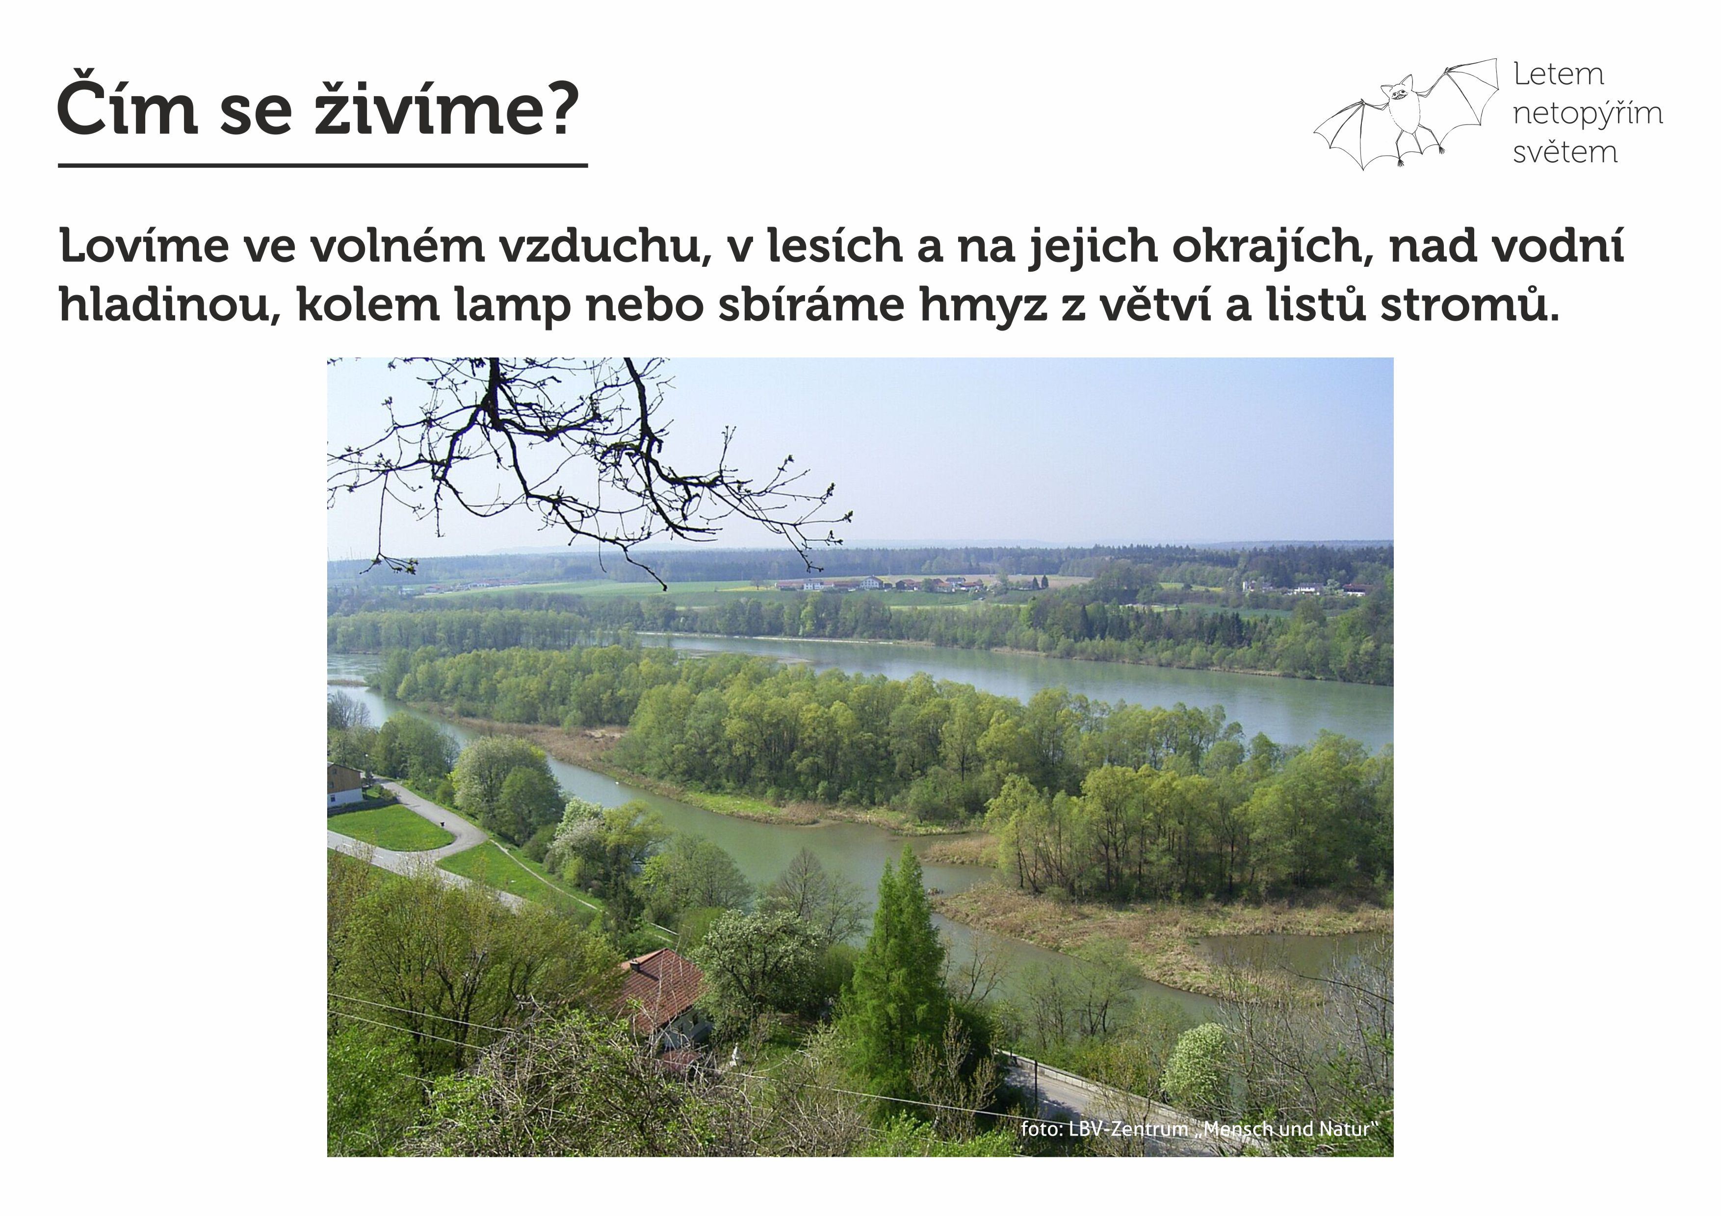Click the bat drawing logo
point(1406,114)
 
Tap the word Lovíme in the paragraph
point(144,246)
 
